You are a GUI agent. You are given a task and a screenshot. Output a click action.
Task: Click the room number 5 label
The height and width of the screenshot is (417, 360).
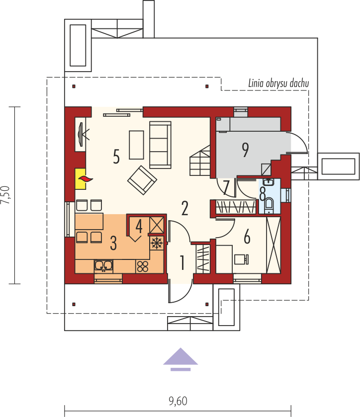pyautogui.click(x=116, y=156)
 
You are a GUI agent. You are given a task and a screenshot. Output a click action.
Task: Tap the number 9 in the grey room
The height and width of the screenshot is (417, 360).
pyautogui.click(x=245, y=150)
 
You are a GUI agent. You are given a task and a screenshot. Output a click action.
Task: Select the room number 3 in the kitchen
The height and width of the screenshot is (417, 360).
pyautogui.click(x=113, y=244)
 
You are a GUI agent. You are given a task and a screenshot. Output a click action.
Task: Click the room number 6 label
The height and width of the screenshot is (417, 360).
pyautogui.click(x=247, y=238)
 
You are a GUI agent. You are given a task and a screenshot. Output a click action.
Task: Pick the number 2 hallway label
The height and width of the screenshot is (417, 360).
pyautogui.click(x=184, y=208)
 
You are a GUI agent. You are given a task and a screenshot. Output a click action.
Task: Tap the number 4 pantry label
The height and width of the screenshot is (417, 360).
pyautogui.click(x=139, y=226)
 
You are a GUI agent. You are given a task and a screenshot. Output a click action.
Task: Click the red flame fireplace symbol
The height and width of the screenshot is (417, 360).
pyautogui.click(x=85, y=178)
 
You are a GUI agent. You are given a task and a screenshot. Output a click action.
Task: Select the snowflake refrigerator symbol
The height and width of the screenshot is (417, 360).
pyautogui.click(x=156, y=243)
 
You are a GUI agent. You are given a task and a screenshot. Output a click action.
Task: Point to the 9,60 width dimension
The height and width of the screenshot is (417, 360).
pyautogui.click(x=178, y=401)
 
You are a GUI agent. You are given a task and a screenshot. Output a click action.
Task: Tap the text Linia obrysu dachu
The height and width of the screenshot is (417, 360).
pyautogui.click(x=278, y=83)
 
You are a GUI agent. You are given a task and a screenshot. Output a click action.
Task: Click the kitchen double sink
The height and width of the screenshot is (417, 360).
pyautogui.click(x=104, y=266)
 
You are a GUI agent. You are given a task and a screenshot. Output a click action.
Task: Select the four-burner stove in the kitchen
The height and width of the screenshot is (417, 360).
pyautogui.click(x=143, y=266)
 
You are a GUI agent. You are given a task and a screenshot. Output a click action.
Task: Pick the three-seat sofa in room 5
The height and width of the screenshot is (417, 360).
pyautogui.click(x=160, y=145)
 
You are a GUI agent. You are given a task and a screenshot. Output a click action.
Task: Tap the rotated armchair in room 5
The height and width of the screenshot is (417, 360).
pyautogui.click(x=141, y=180)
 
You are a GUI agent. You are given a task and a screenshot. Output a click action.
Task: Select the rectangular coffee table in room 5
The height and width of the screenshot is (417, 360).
pyautogui.click(x=136, y=145)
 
